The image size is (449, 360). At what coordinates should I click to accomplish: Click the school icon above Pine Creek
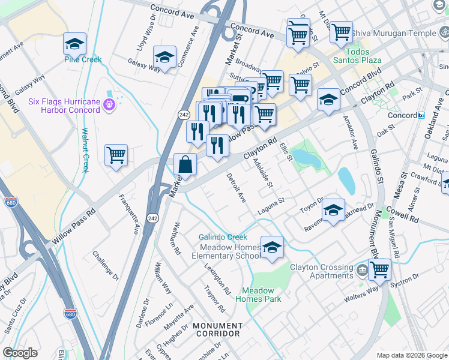point(74,43)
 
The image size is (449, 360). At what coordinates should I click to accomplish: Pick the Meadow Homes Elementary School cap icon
point(272,247)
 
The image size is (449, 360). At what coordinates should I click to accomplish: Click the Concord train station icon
point(421,115)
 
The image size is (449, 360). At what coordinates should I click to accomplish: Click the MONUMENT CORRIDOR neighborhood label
point(217,329)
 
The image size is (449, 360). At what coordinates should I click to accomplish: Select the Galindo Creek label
point(223,238)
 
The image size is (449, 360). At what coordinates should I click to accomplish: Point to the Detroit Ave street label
point(236,187)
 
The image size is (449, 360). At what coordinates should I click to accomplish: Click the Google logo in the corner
point(20,353)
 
